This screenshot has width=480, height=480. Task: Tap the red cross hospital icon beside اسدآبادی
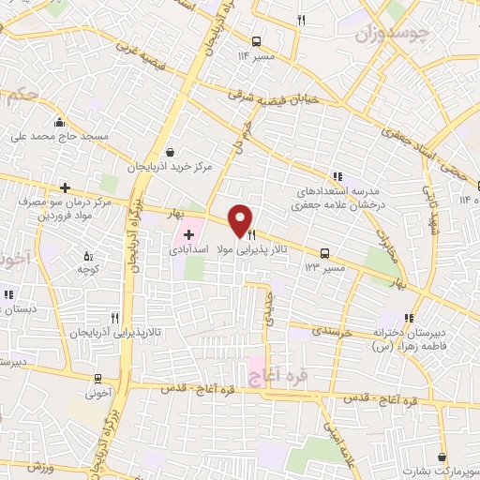click(x=188, y=232)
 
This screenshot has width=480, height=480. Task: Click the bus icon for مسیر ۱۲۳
click(x=324, y=253)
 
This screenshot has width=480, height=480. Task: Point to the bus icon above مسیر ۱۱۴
click(x=256, y=40)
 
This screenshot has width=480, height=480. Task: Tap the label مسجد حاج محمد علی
click(x=60, y=136)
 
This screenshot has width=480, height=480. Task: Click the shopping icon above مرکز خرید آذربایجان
click(x=169, y=151)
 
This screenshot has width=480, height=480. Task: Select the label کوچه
click(x=88, y=270)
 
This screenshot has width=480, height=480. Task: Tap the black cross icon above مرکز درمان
click(x=64, y=187)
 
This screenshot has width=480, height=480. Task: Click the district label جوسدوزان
click(x=393, y=36)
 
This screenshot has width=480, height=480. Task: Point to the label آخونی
click(x=98, y=394)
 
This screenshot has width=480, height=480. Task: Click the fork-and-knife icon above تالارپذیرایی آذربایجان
click(x=113, y=317)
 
